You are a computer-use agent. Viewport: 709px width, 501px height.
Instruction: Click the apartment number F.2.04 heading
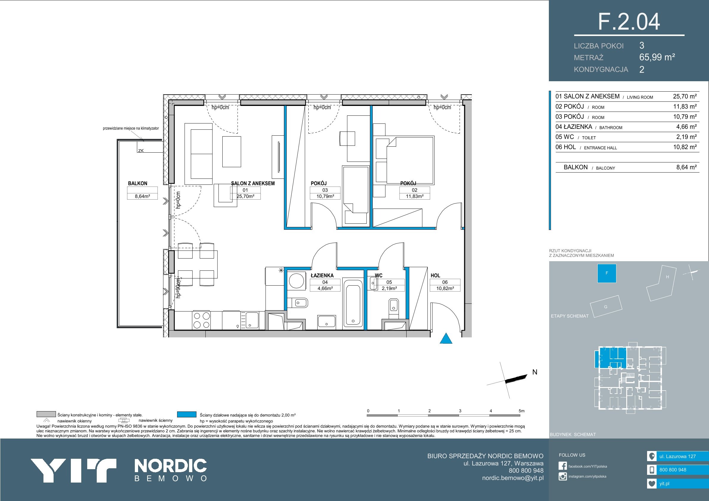tap(629, 22)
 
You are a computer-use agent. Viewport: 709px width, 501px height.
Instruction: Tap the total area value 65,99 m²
tap(657, 57)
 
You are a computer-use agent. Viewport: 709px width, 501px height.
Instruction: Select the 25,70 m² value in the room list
tap(685, 96)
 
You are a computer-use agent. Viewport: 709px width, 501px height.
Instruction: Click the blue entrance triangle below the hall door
tap(446, 338)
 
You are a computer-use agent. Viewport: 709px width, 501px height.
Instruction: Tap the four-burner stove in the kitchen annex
tap(201, 320)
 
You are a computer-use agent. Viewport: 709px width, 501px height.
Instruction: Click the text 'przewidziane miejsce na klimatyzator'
tap(131, 128)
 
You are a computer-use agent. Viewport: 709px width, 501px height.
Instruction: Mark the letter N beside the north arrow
tap(535, 372)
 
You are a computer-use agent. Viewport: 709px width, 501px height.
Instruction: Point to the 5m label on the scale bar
tap(521, 411)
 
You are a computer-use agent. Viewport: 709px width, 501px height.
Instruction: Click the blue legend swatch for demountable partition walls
tap(187, 414)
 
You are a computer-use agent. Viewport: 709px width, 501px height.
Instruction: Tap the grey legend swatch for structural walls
tap(46, 414)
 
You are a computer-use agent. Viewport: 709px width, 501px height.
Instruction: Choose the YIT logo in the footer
tap(74, 470)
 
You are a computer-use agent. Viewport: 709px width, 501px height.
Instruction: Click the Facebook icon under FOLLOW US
tap(563, 466)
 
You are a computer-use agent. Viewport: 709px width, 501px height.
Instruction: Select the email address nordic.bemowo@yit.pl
tap(513, 478)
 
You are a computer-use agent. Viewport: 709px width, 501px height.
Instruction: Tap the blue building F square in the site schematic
tap(607, 273)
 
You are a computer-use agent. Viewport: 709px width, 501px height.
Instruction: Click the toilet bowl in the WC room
tap(393, 306)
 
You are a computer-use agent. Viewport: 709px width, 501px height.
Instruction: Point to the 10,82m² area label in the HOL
tap(445, 288)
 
